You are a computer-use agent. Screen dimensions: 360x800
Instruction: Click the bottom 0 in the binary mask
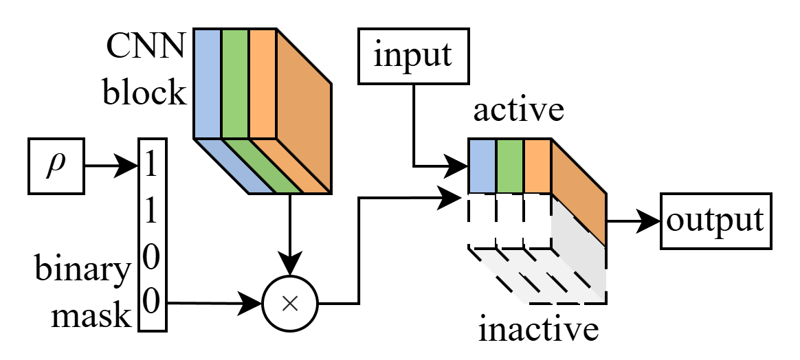point(153,301)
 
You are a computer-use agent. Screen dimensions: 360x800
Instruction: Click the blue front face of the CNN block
point(207,82)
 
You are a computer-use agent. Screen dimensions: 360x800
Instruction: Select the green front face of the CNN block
point(234,82)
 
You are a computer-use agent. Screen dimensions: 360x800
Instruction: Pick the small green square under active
point(509,166)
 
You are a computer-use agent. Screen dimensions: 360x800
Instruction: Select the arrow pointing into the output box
point(632,221)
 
